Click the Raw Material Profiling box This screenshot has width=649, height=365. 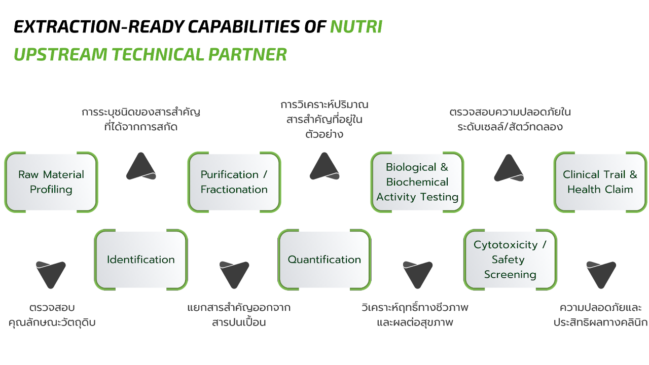tap(51, 182)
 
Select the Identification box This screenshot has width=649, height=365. tap(141, 260)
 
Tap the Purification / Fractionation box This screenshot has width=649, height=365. tap(234, 182)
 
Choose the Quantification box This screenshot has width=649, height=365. tap(324, 260)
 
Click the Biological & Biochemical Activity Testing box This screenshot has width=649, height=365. tap(417, 182)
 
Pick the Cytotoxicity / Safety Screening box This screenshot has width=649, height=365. tap(510, 260)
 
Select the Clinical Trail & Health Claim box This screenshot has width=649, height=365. tap(600, 182)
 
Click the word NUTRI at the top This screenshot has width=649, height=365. tap(356, 27)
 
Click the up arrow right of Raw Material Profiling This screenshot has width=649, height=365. tap(141, 167)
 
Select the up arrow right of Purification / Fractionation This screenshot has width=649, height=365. tap(324, 167)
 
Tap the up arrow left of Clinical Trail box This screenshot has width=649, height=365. tap(509, 168)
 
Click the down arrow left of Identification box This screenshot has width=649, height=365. tap(51, 274)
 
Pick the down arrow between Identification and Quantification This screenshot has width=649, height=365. tap(234, 274)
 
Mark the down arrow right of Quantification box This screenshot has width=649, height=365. tap(418, 274)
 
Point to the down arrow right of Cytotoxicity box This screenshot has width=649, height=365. tap(601, 274)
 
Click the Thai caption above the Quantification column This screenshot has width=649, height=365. tap(324, 120)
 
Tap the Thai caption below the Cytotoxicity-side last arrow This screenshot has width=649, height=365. tap(601, 315)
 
